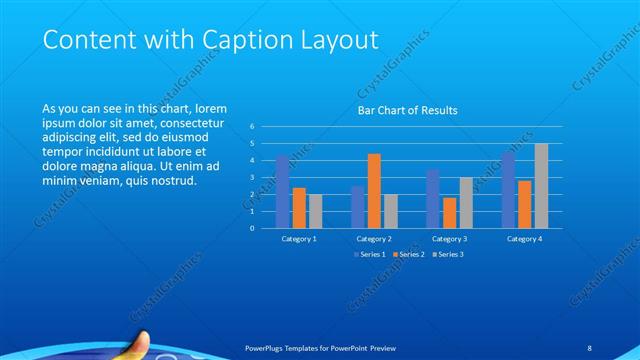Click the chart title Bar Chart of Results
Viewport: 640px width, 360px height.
pyautogui.click(x=407, y=110)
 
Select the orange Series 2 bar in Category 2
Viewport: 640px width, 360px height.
pyautogui.click(x=374, y=190)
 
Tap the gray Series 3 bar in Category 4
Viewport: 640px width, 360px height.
pyautogui.click(x=541, y=185)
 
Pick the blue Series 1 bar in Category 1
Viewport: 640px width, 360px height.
pyautogui.click(x=282, y=191)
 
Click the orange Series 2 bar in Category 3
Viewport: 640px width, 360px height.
pyautogui.click(x=449, y=212)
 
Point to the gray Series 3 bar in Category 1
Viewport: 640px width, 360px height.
pyautogui.click(x=315, y=210)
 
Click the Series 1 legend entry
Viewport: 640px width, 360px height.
pyautogui.click(x=371, y=254)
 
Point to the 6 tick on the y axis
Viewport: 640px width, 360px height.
pyautogui.click(x=252, y=127)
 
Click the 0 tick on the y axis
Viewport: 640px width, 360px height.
pyautogui.click(x=252, y=228)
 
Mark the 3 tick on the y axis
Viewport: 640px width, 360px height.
pyautogui.click(x=252, y=178)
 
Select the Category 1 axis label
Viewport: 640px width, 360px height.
pyautogui.click(x=299, y=239)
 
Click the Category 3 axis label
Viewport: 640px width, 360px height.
pyautogui.click(x=449, y=239)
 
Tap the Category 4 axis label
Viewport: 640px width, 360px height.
pyautogui.click(x=524, y=239)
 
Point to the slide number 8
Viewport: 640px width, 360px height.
pyautogui.click(x=589, y=347)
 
